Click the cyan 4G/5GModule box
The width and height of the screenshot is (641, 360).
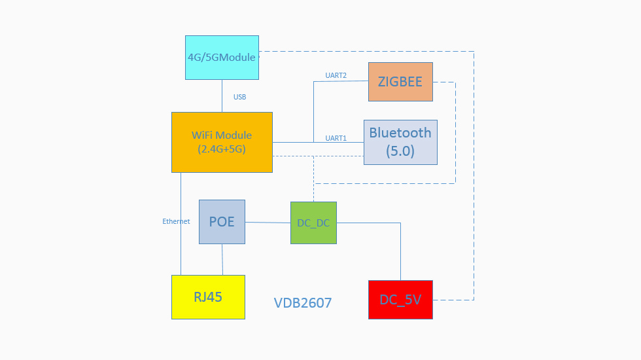coord(222,58)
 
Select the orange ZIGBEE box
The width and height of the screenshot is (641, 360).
coord(400,82)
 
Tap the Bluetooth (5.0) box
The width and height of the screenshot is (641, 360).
coord(400,142)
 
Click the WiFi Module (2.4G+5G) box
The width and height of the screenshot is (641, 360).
coord(222,142)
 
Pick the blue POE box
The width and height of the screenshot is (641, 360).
coord(222,222)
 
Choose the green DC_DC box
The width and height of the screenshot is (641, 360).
coord(313,223)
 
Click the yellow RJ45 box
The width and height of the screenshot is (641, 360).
coord(208,297)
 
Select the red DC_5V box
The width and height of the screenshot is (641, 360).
coord(400,300)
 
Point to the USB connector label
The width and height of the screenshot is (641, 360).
coord(239,97)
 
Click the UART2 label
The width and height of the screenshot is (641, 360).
coord(336,76)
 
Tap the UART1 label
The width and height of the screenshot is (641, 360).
coord(336,138)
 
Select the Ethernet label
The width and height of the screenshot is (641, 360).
coord(176,221)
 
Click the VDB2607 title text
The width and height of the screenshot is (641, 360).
coord(302,303)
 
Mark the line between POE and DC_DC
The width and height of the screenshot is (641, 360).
coord(268,223)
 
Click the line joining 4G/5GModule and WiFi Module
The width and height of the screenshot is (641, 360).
coord(222,96)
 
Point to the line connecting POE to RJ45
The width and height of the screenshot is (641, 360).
coord(222,259)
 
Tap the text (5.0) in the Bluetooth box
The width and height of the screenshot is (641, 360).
coord(400,151)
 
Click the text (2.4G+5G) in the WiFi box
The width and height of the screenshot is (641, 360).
coord(221,149)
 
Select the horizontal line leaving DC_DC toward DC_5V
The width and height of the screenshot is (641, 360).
coord(368,223)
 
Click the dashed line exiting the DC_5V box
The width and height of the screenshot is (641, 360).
coord(453,300)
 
